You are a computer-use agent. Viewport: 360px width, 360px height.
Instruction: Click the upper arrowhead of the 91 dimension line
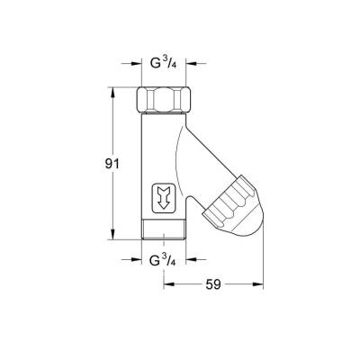(112, 91)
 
